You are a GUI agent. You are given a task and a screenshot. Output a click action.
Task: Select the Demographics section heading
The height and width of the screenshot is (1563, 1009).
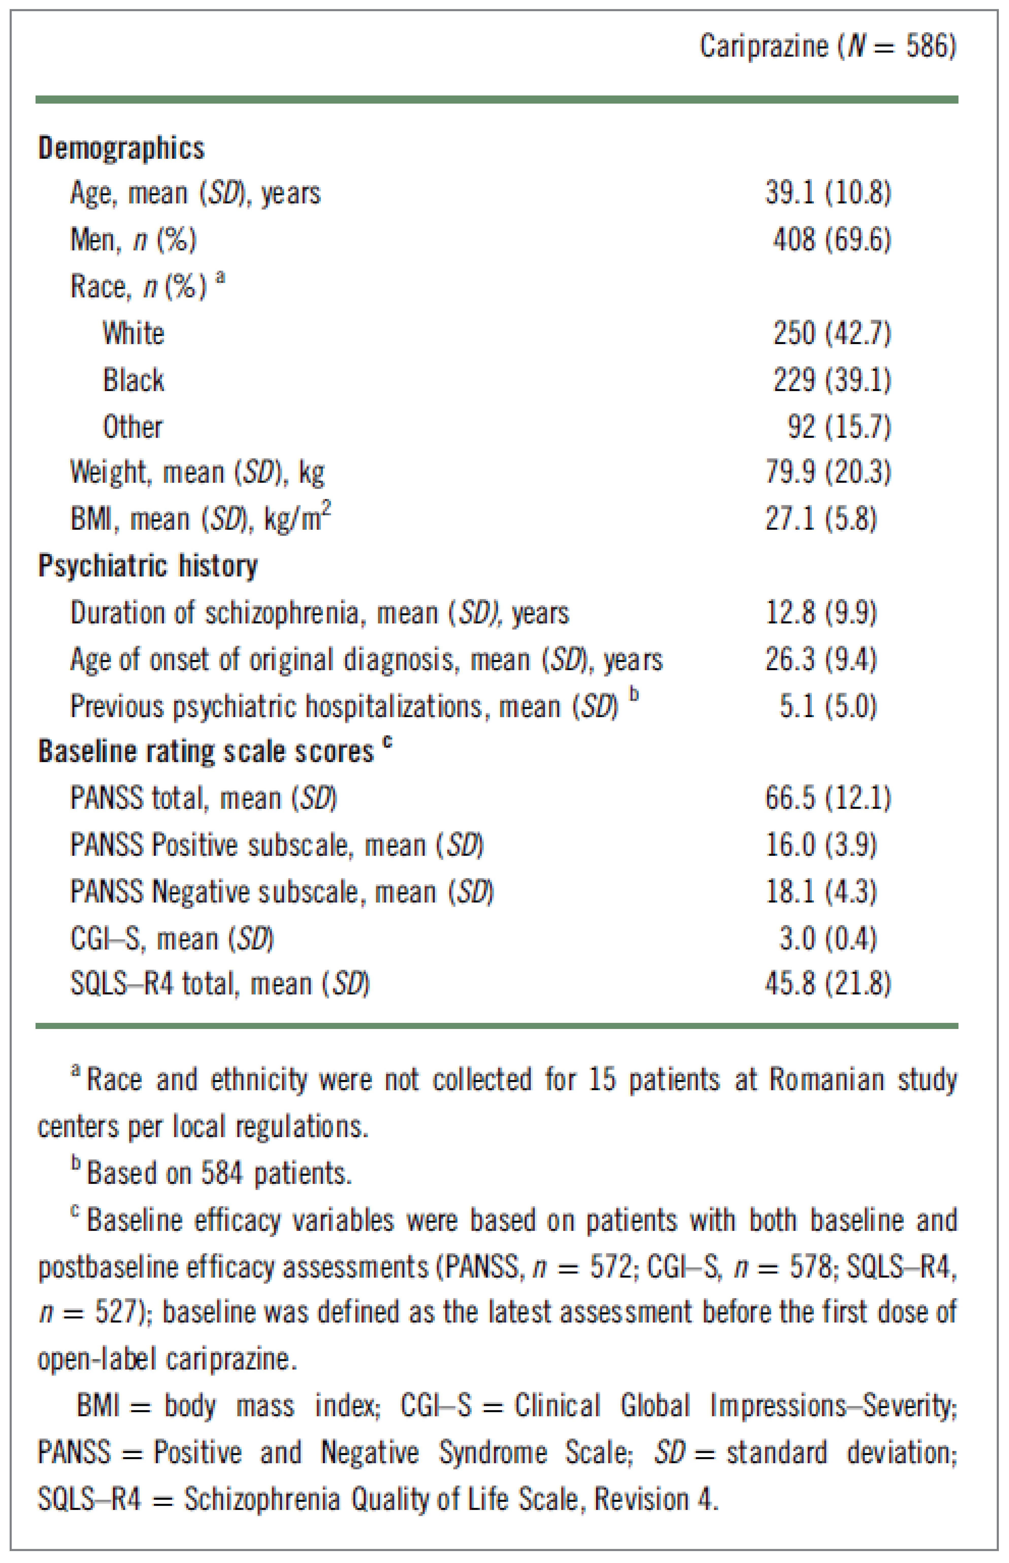(121, 148)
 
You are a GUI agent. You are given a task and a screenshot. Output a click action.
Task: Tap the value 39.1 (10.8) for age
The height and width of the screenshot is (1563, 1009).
(828, 193)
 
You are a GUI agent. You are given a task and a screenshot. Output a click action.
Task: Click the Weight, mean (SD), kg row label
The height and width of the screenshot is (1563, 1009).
(196, 473)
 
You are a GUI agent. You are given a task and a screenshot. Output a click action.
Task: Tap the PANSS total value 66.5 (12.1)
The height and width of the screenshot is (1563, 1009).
(828, 798)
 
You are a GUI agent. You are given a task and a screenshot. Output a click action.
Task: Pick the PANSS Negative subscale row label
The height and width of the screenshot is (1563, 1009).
(282, 892)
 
